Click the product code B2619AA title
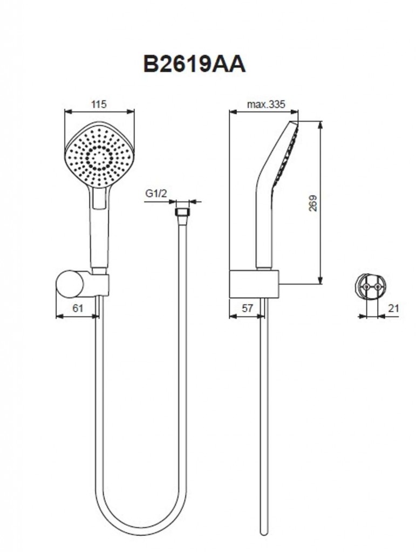(194, 64)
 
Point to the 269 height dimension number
(313, 202)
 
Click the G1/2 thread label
(155, 193)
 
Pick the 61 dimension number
(78, 308)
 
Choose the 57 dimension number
(247, 308)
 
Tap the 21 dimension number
(393, 308)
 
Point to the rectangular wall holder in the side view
(254, 284)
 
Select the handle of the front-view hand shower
(99, 232)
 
